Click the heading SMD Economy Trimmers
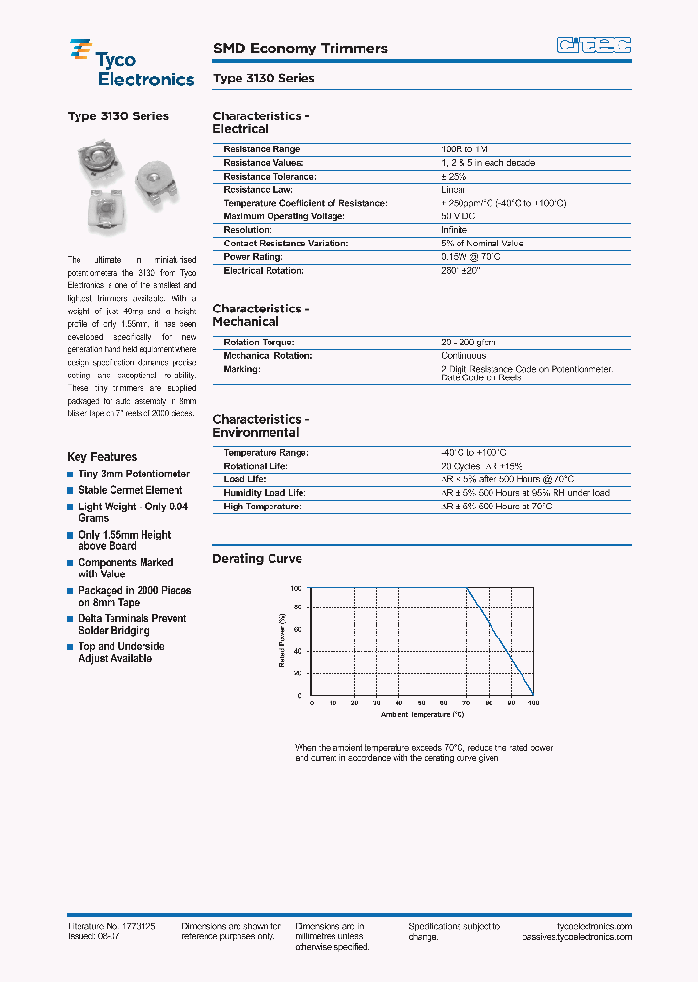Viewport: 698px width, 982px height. click(x=300, y=49)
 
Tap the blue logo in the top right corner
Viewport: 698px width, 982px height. click(x=593, y=45)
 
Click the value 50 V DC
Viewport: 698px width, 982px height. click(x=460, y=216)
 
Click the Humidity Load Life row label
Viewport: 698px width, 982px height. click(x=264, y=493)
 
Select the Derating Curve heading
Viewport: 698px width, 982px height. click(x=257, y=559)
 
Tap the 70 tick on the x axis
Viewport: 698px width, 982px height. click(x=466, y=704)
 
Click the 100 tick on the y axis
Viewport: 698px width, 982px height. click(x=296, y=588)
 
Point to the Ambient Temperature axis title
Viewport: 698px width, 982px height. click(x=422, y=715)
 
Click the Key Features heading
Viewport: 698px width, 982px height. click(x=102, y=457)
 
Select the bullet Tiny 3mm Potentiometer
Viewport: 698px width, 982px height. click(x=134, y=475)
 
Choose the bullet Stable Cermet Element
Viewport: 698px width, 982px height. click(x=130, y=491)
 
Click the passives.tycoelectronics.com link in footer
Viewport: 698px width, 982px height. click(x=576, y=937)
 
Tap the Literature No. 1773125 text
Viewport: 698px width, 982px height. click(x=111, y=927)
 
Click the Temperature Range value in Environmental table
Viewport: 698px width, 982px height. click(x=473, y=453)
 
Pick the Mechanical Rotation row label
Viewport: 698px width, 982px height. click(x=268, y=356)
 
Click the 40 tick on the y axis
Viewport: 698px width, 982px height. click(x=298, y=651)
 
